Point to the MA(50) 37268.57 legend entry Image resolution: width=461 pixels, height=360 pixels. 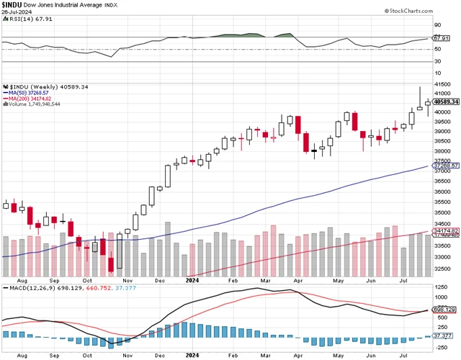[x=30, y=92]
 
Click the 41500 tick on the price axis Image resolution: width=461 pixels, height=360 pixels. [x=442, y=84]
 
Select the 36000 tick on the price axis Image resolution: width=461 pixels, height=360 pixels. [x=442, y=181]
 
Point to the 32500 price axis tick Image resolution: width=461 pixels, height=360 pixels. [x=442, y=270]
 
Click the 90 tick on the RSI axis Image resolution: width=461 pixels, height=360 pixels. [x=437, y=26]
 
